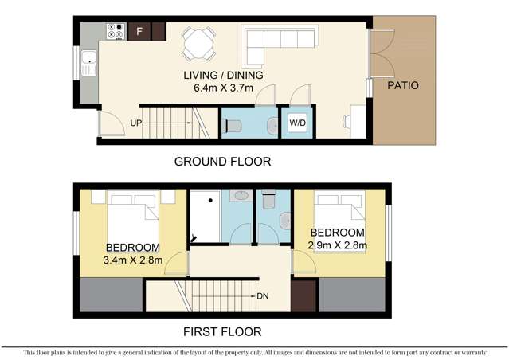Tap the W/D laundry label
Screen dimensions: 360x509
pyautogui.click(x=297, y=123)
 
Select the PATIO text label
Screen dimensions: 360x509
pyautogui.click(x=403, y=85)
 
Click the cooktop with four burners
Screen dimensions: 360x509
pyautogui.click(x=115, y=32)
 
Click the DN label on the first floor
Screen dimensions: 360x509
pyautogui.click(x=262, y=296)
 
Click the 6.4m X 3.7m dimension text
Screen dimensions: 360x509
pyautogui.click(x=224, y=88)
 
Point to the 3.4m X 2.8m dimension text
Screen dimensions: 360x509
pyautogui.click(x=133, y=260)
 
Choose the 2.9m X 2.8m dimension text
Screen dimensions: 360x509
pyautogui.click(x=338, y=245)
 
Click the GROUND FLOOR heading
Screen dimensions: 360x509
pyautogui.click(x=222, y=162)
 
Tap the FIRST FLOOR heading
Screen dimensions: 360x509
pyautogui.click(x=222, y=331)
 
